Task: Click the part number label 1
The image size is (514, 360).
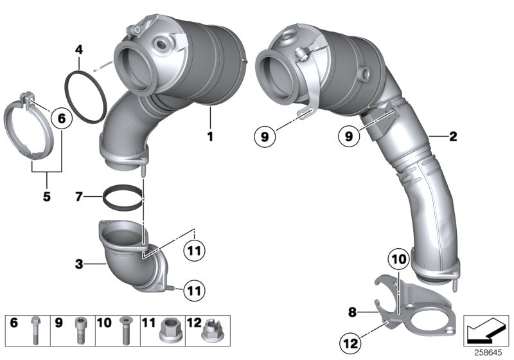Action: (x=209, y=136)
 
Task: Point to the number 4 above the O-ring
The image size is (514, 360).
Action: (x=78, y=49)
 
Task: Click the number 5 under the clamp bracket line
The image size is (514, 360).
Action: (x=46, y=196)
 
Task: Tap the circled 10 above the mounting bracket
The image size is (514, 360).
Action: (x=398, y=260)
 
